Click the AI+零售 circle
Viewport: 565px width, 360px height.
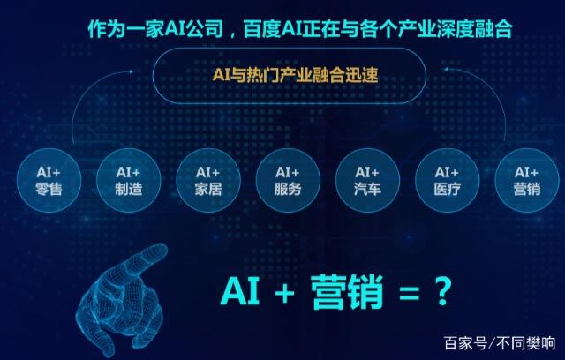[49, 180]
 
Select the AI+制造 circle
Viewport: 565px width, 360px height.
[128, 180]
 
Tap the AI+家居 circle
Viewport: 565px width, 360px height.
[208, 180]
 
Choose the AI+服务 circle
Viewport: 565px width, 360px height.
[288, 180]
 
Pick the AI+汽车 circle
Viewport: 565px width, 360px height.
[367, 180]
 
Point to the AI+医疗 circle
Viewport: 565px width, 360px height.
[448, 180]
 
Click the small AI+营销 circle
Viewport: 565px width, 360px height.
[527, 180]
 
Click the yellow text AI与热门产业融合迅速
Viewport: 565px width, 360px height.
[295, 75]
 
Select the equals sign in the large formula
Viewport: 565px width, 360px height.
[409, 294]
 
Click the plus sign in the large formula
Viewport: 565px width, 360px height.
[284, 293]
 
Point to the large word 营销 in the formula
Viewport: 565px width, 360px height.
[347, 292]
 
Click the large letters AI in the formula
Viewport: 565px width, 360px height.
[240, 291]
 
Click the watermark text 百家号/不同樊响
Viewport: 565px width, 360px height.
[500, 343]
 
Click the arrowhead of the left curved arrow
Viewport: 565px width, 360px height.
[132, 71]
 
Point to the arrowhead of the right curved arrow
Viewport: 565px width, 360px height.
[446, 69]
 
